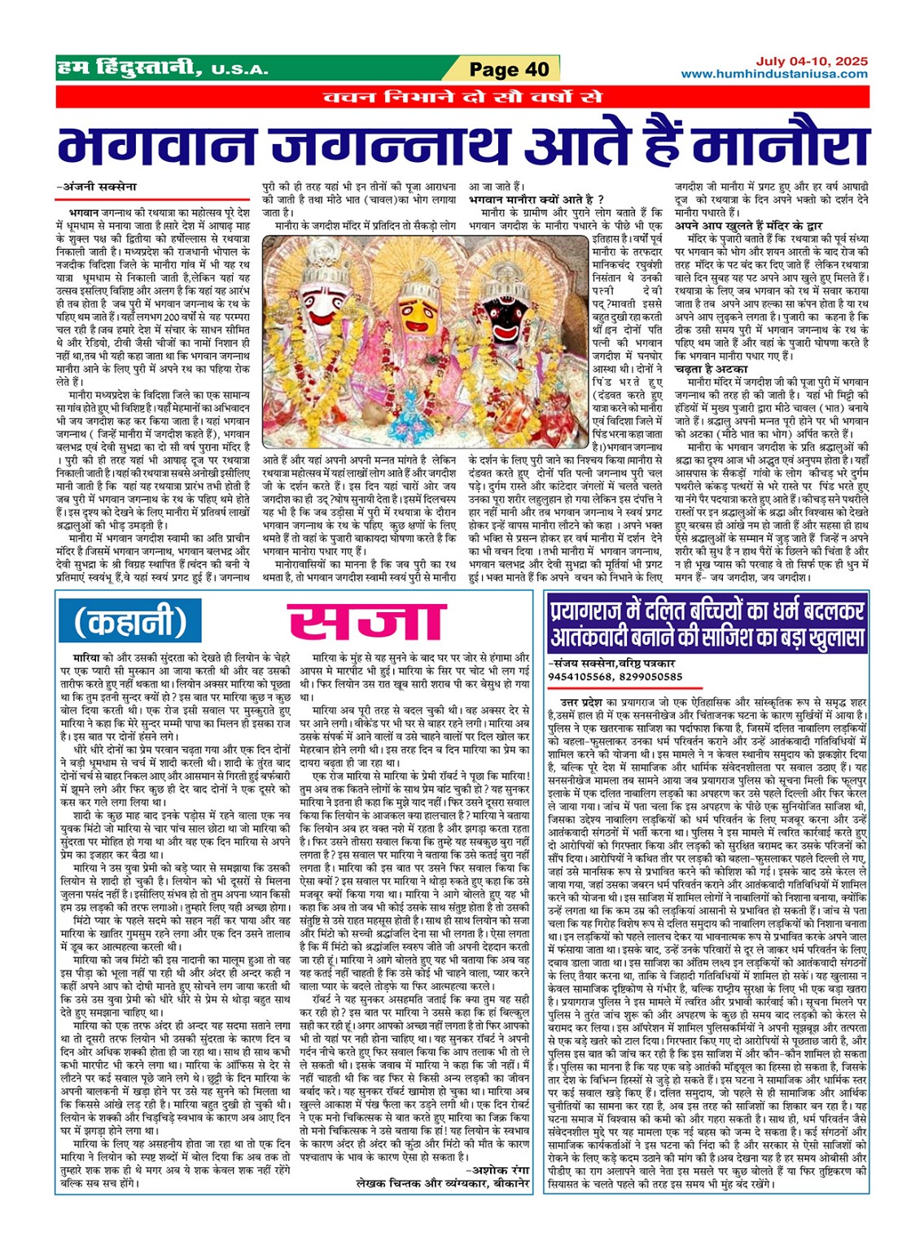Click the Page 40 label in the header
tap(510, 69)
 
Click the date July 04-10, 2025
tap(811, 62)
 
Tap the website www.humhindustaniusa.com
tap(774, 74)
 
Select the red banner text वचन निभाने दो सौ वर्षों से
tap(462, 98)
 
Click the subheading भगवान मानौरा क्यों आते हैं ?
tap(536, 199)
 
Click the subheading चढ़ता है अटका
tap(706, 368)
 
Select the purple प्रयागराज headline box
tap(707, 623)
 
